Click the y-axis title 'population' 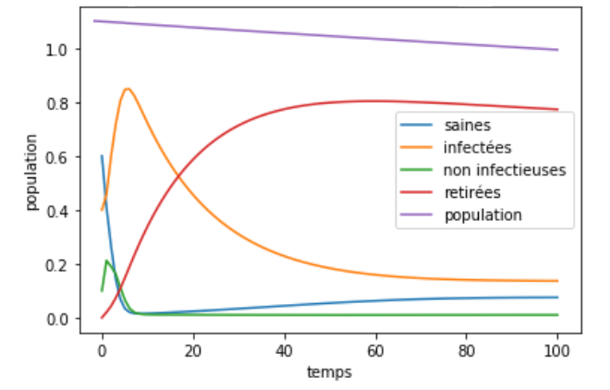coord(31,172)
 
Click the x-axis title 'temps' coord(329,372)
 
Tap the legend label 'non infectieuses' coord(505,169)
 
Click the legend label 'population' coord(482,214)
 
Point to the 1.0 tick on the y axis coord(58,49)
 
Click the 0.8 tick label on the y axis coord(58,103)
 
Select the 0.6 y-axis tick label coord(58,157)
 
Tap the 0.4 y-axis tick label coord(58,211)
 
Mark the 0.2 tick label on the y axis coord(58,265)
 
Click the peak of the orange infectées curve coord(127,89)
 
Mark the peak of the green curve coord(107,261)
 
